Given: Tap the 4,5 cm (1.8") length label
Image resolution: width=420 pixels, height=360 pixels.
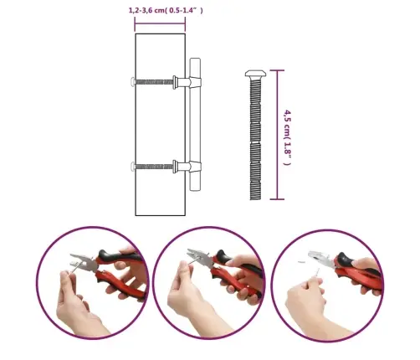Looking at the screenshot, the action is [287, 137].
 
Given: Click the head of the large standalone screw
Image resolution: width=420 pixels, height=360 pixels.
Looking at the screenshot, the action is [255, 74].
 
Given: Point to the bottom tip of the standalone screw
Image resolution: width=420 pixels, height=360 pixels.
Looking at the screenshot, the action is [255, 199].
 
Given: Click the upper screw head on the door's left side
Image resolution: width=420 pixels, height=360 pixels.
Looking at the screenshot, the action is [133, 82].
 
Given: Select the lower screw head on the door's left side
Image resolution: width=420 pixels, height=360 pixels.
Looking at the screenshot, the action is [133, 167].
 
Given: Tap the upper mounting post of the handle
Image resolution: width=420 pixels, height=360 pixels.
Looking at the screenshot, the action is [187, 82].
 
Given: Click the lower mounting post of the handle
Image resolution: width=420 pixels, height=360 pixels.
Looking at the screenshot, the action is [187, 167].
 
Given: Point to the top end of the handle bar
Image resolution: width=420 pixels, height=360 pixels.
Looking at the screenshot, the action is [195, 59].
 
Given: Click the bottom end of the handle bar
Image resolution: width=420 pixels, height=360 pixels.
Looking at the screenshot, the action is [195, 190].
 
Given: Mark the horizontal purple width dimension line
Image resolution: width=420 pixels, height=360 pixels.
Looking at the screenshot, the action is [160, 24].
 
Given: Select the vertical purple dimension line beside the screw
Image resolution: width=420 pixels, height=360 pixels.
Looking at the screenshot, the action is [277, 135].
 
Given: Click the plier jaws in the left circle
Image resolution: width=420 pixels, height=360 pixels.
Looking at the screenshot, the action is [83, 263].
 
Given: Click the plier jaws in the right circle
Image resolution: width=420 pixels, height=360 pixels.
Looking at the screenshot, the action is [320, 259].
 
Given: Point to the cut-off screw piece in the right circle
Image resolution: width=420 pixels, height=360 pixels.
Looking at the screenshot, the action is [302, 262].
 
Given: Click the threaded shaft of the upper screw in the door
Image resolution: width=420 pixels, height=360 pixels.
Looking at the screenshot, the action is [154, 82].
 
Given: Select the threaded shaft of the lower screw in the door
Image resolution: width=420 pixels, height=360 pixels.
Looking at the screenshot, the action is [154, 167].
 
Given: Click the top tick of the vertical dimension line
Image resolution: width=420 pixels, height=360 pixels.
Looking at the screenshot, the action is [277, 70].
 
